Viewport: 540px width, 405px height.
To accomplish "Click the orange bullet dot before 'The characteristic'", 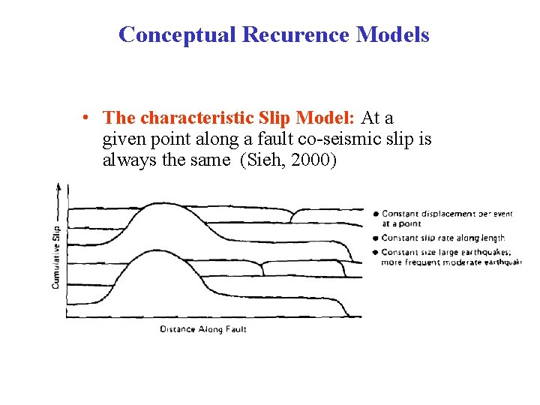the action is [x=88, y=118].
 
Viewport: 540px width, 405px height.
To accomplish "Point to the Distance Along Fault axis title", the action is [x=203, y=328].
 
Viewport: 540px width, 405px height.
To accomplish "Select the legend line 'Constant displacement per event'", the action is [x=447, y=214].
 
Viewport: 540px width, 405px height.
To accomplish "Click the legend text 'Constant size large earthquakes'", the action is [x=445, y=251].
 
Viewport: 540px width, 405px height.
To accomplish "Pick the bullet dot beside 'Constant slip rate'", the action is [x=376, y=238].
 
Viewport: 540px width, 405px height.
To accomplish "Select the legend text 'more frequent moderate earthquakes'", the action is [x=450, y=262].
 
